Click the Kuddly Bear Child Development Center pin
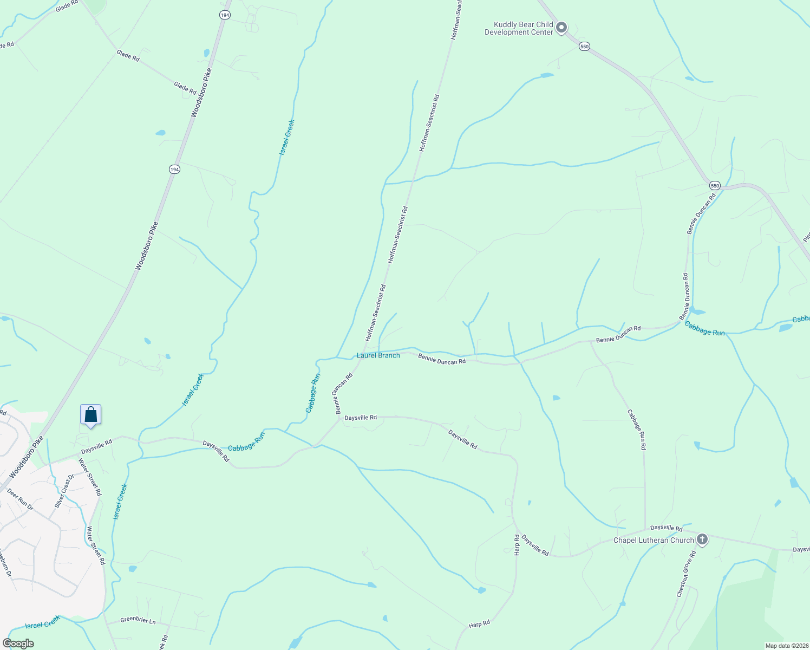561,27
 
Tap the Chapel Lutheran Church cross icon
702,539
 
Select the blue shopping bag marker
91,415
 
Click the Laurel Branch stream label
378,355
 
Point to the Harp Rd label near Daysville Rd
517,544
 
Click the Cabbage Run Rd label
637,430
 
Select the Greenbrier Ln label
138,621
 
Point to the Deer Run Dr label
20,499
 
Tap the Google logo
18,643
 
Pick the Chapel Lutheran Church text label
654,540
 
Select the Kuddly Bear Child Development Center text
519,28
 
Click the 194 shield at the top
225,15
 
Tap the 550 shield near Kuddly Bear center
584,47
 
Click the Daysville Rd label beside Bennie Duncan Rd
361,418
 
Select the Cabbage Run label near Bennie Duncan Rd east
704,329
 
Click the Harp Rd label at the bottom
479,624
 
